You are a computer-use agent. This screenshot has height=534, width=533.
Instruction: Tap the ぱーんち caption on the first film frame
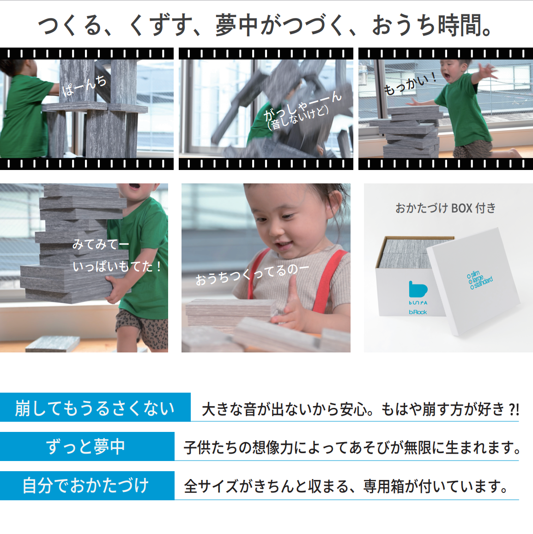pyautogui.click(x=84, y=85)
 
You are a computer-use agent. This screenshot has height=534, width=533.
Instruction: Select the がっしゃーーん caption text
pyautogui.click(x=303, y=106)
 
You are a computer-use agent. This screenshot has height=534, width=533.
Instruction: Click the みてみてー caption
pyautogui.click(x=101, y=244)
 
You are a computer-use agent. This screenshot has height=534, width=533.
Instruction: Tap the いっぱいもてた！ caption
pyautogui.click(x=117, y=267)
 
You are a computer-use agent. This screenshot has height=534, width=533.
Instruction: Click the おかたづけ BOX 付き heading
pyautogui.click(x=445, y=208)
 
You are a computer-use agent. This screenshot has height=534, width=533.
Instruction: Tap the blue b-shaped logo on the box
pyautogui.click(x=418, y=289)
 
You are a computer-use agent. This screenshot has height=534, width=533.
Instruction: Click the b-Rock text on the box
pyautogui.click(x=418, y=312)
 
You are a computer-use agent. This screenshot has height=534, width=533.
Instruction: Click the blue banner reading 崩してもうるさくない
pyautogui.click(x=95, y=407)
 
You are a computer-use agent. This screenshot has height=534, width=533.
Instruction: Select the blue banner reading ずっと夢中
pyautogui.click(x=87, y=447)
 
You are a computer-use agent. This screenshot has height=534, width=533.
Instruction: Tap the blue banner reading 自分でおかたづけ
pyautogui.click(x=87, y=485)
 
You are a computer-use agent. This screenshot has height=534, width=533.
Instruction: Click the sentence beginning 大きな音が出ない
pyautogui.click(x=360, y=409)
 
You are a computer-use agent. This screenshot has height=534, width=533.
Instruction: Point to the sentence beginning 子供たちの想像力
pyautogui.click(x=352, y=448)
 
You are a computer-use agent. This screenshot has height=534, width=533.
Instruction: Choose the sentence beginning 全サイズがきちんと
pyautogui.click(x=346, y=486)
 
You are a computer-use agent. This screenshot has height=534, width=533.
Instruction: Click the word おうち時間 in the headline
pyautogui.click(x=431, y=25)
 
